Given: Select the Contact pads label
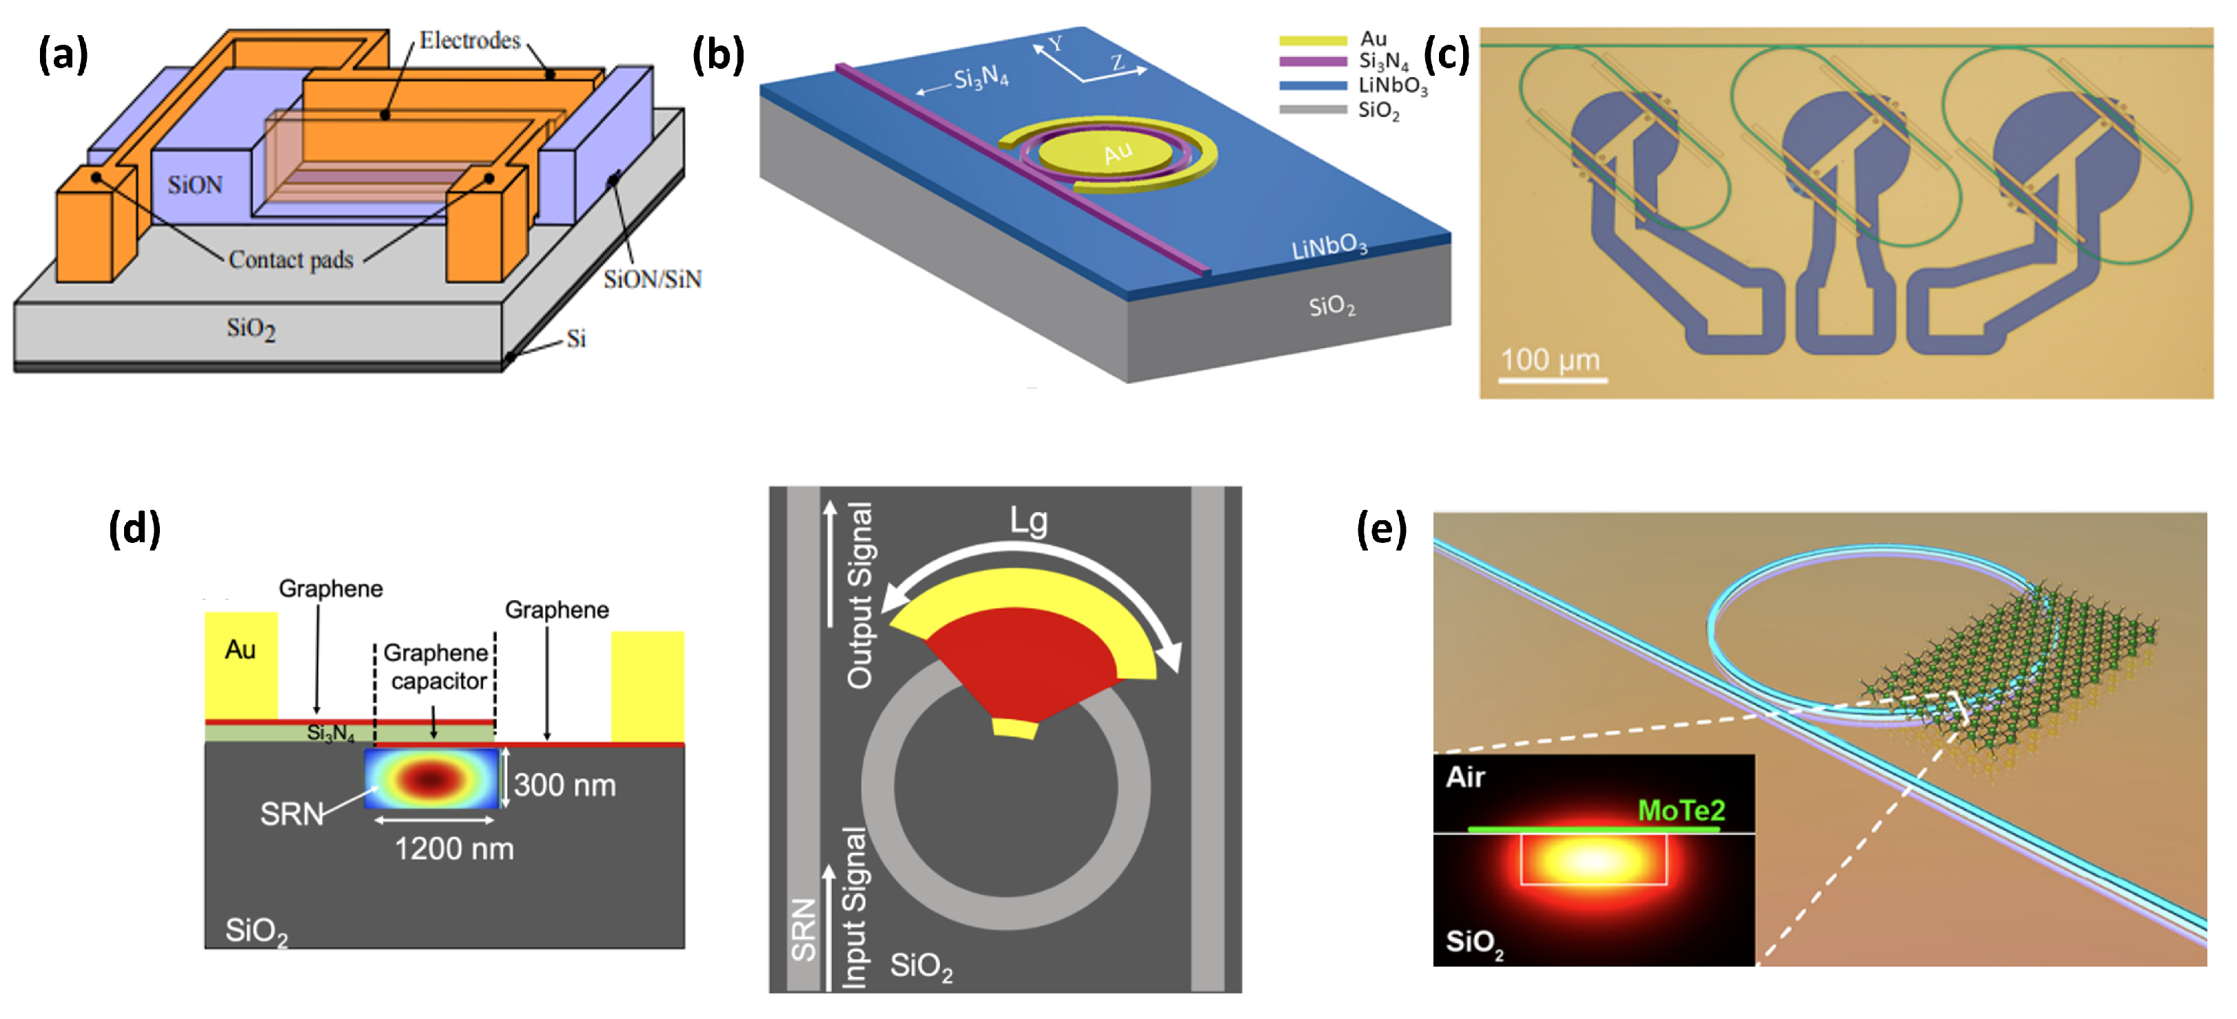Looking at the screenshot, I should click(x=291, y=260).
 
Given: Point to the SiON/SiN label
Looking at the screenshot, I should click(x=652, y=278).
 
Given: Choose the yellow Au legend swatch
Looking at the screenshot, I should click(x=1312, y=40).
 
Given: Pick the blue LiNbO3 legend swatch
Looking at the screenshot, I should click(x=1312, y=86).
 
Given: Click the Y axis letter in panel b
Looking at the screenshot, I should click(x=1055, y=43).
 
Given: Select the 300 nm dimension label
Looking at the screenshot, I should click(x=564, y=785).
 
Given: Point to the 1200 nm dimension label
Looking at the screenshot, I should click(x=454, y=848).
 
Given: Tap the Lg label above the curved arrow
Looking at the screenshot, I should click(x=1028, y=521).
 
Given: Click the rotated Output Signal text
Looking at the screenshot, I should click(x=859, y=595).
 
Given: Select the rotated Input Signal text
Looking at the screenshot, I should click(x=855, y=907).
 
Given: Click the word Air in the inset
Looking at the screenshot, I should click(x=1465, y=777).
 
